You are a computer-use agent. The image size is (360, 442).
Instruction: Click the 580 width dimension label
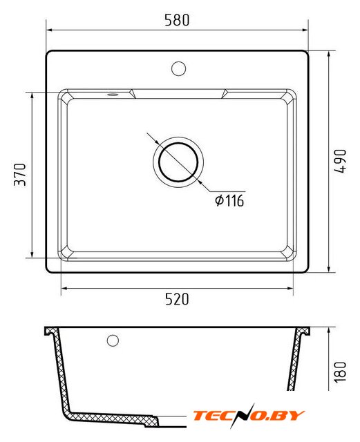(177, 20)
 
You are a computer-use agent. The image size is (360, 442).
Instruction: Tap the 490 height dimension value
(340, 161)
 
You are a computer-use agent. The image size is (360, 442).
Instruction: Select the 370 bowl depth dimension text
(20, 175)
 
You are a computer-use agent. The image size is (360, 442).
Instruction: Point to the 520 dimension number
(177, 299)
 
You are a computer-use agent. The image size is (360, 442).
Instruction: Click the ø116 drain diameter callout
(229, 200)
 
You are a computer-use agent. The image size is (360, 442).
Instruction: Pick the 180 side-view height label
(340, 372)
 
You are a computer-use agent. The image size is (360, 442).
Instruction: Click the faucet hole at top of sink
(178, 68)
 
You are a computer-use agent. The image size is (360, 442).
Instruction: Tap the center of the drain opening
(178, 162)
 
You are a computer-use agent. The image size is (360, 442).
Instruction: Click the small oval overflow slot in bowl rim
(113, 95)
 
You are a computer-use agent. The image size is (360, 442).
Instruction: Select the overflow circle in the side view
(113, 340)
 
